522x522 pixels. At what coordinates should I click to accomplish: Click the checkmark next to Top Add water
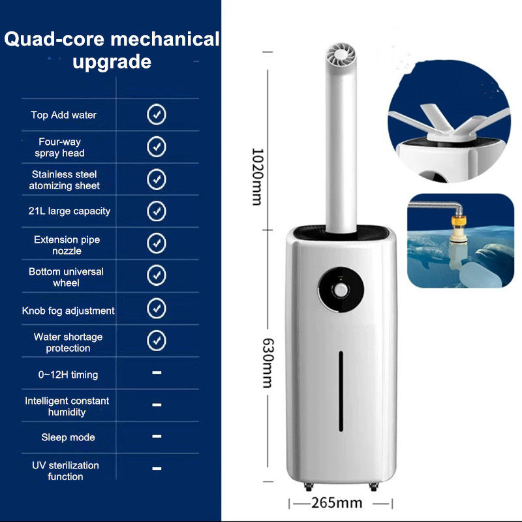tap(157, 115)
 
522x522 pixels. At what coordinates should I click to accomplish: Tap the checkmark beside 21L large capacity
tap(157, 211)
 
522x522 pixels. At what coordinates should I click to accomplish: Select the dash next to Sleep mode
tap(157, 436)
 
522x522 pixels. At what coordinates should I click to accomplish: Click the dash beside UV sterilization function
tap(157, 468)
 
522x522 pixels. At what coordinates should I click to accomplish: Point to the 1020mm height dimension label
tap(257, 176)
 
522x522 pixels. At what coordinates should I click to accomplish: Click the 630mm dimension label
tap(268, 363)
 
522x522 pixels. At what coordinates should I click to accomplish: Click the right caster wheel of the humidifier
tap(374, 487)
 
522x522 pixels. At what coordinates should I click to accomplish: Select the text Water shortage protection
tap(68, 343)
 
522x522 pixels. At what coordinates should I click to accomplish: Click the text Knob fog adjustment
tap(68, 311)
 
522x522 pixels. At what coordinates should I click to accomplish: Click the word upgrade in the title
tap(112, 63)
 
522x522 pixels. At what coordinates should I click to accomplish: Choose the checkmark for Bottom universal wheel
tap(157, 275)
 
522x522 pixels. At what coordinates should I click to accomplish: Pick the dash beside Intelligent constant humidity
tap(157, 405)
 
